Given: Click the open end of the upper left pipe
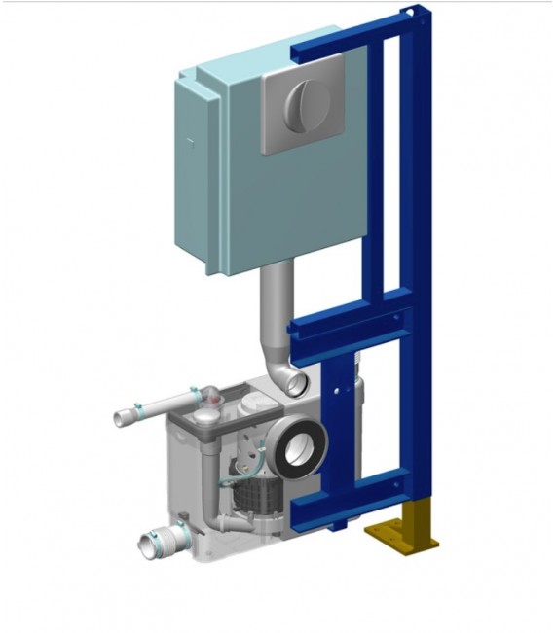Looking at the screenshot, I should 121,419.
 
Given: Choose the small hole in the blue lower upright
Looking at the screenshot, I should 339,392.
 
